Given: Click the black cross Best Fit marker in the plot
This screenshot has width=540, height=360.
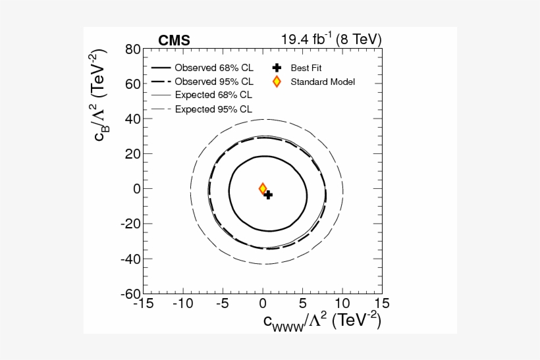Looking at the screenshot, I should [267, 195].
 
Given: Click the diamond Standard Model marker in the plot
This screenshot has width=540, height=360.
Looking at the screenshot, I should [263, 189].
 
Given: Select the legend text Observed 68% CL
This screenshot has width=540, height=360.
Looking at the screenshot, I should [213, 68].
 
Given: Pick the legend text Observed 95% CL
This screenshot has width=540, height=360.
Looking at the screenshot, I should [213, 82].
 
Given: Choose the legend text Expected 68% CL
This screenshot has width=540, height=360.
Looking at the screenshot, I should [213, 95].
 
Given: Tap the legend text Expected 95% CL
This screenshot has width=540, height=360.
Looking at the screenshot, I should [213, 109].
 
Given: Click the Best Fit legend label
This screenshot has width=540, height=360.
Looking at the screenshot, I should [306, 68].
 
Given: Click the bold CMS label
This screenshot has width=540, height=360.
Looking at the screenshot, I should [174, 41].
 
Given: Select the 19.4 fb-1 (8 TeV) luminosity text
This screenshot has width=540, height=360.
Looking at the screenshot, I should [331, 39].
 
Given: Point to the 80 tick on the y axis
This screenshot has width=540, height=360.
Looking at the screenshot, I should [133, 49].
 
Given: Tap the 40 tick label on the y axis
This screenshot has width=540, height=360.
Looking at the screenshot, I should [133, 119].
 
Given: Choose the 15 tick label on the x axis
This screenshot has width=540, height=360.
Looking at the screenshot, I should [382, 304].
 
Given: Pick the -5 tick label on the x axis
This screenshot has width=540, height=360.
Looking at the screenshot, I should [223, 304].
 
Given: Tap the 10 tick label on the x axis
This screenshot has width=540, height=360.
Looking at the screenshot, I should [342, 304].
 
